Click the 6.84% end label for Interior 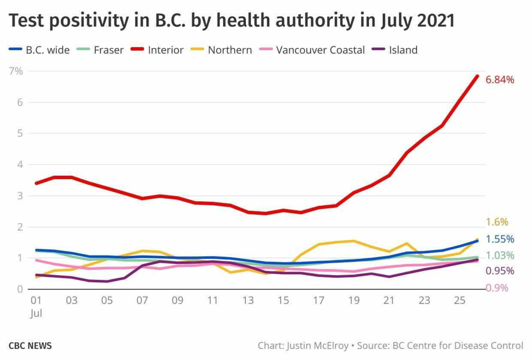(x=500, y=80)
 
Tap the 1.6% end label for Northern (x=497, y=222)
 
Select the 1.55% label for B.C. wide (x=500, y=239)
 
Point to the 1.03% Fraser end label (x=500, y=255)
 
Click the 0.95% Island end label (x=500, y=271)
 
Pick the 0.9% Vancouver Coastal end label (x=497, y=288)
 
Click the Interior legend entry (x=166, y=50)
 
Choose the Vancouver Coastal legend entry (x=320, y=50)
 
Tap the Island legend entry (x=403, y=50)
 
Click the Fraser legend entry (x=108, y=50)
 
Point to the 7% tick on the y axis (x=15, y=71)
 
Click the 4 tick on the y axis (x=19, y=165)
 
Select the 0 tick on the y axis (x=19, y=289)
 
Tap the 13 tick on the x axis (x=248, y=300)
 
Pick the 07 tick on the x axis (x=142, y=300)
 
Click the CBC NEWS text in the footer (x=30, y=346)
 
